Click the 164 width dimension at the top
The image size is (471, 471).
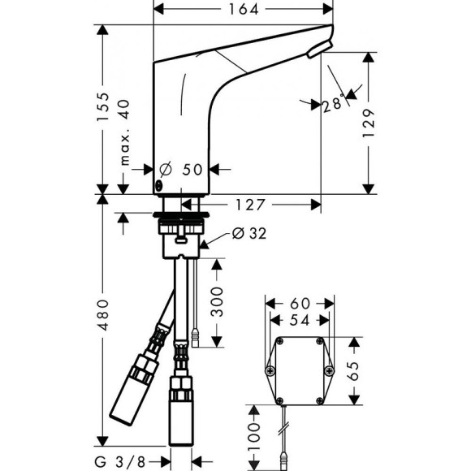(243, 10)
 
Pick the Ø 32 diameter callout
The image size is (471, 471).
(249, 234)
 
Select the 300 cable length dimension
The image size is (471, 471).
(217, 302)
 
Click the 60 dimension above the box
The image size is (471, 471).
(300, 302)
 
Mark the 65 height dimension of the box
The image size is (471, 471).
(353, 369)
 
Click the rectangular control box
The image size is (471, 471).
(300, 370)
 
